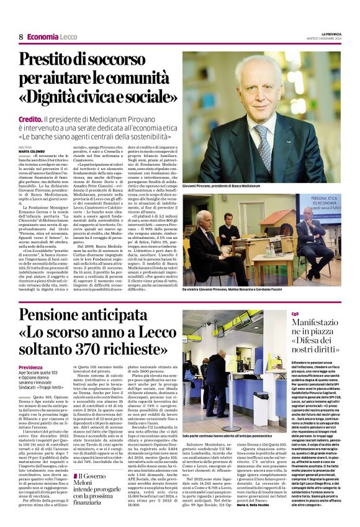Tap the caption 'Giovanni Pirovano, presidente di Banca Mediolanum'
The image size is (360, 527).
click(x=222, y=186)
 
